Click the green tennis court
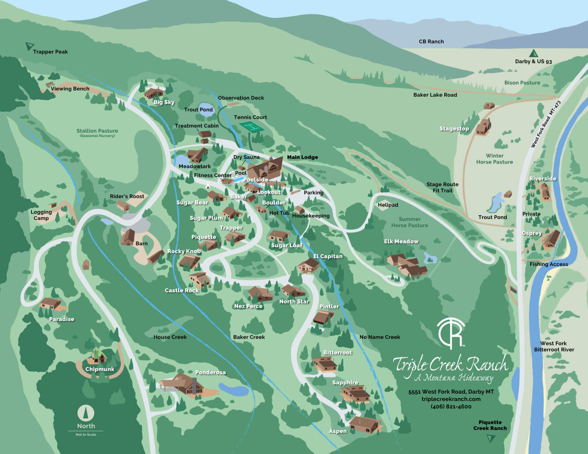pyautogui.click(x=251, y=126)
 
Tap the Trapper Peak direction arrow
pyautogui.click(x=29, y=46)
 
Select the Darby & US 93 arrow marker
pyautogui.click(x=533, y=53)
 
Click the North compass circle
pyautogui.click(x=86, y=413)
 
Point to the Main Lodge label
pyautogui.click(x=302, y=157)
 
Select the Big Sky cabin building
pyautogui.click(x=154, y=92)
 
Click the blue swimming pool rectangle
pyautogui.click(x=239, y=179)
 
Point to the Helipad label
pyautogui.click(x=388, y=205)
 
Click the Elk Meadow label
pyautogui.click(x=401, y=241)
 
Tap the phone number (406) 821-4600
pyautogui.click(x=451, y=407)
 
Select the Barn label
pyautogui.click(x=141, y=244)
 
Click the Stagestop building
pyautogui.click(x=484, y=127)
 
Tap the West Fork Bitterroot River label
pyautogui.click(x=554, y=346)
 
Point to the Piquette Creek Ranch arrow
pyautogui.click(x=491, y=439)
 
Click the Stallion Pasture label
pyautogui.click(x=97, y=131)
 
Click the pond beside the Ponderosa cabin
pyautogui.click(x=233, y=389)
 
